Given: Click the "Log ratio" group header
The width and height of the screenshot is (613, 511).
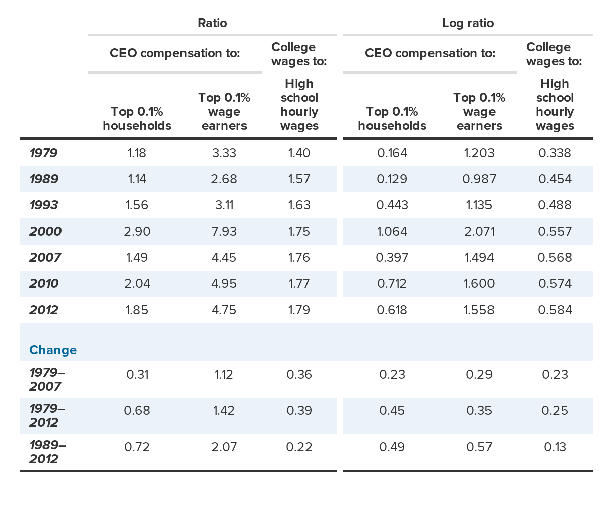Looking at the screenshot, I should point(467,23).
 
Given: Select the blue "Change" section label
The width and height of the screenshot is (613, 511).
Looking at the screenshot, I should point(53,350).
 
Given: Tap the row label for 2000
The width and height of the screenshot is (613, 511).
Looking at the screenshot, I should point(45,232).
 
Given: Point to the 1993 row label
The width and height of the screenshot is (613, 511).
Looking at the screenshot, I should point(44,205).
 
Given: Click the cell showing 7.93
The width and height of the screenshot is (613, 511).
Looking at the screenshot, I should point(224,232).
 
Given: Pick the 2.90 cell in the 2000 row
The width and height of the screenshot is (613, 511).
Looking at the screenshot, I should point(137,232).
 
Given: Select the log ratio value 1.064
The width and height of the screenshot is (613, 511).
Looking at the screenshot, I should point(392,232).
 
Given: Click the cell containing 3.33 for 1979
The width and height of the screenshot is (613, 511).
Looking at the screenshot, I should point(224,153).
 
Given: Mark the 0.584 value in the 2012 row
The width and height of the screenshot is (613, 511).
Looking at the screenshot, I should point(555,310).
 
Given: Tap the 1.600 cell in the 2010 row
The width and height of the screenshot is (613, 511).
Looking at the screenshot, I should point(479,284).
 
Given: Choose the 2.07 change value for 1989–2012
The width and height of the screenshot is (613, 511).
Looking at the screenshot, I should point(224,447).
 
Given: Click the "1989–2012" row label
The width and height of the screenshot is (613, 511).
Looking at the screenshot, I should point(47,452).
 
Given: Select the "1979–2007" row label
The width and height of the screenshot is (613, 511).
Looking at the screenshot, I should point(47,380).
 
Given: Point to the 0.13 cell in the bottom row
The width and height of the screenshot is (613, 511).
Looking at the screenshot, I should point(555,447).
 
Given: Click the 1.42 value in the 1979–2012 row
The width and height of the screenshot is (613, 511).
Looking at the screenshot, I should point(224,411).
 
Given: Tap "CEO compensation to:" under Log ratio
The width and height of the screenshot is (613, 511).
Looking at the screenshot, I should point(430,53).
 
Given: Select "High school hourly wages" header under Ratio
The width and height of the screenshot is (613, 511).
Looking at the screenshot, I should point(299,105).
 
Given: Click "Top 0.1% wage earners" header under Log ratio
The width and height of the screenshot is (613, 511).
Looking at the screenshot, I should point(479,112).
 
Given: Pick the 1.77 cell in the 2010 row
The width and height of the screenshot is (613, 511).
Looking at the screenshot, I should point(299,284).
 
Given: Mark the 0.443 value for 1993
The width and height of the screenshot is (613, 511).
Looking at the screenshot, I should point(392,205).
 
